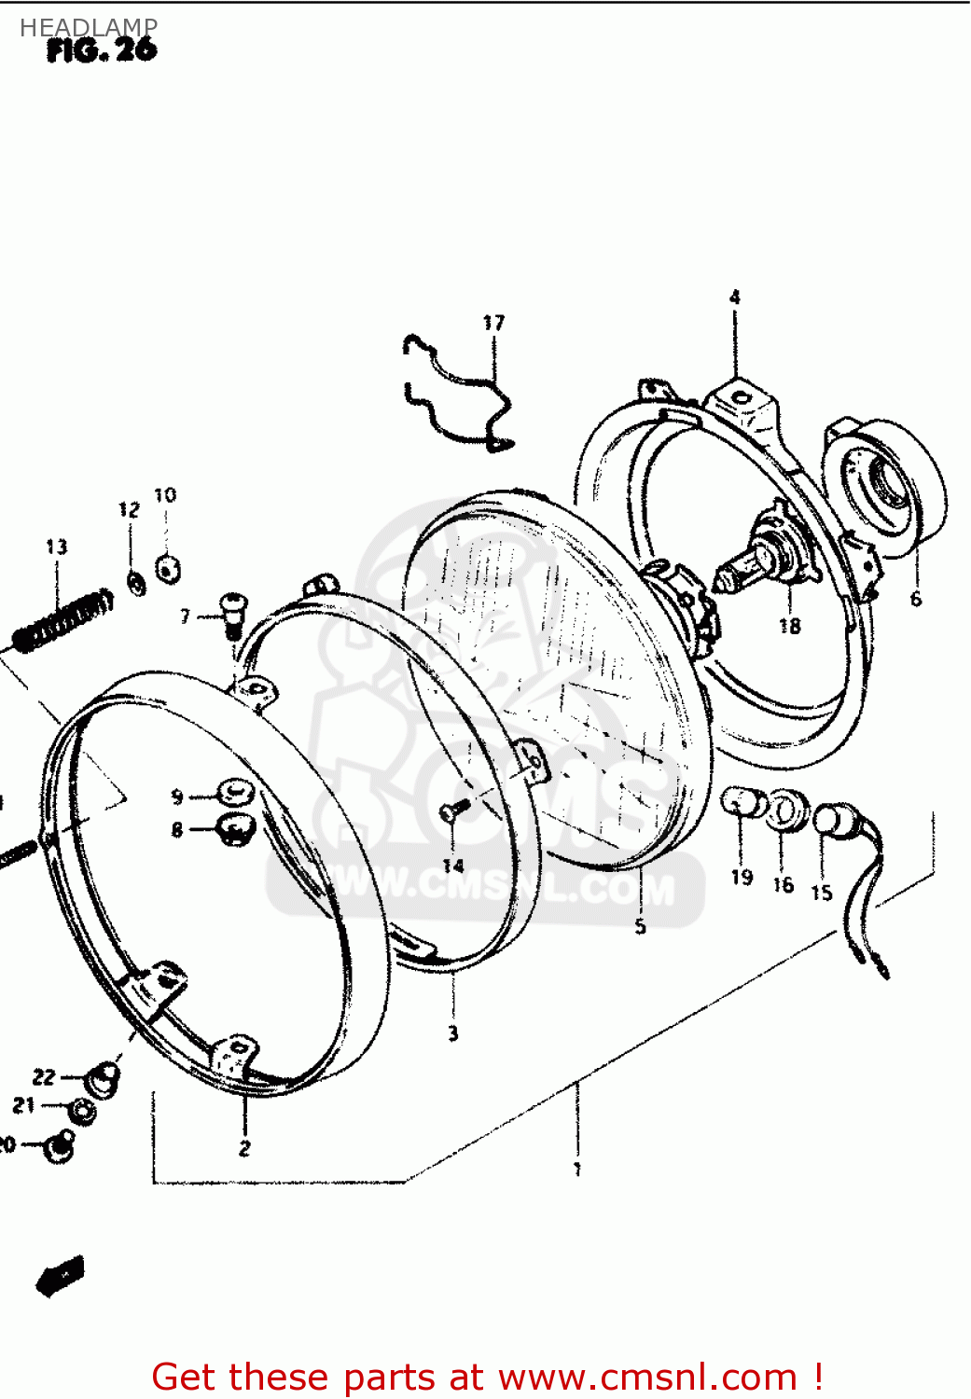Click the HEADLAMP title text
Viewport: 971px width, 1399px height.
[x=89, y=28]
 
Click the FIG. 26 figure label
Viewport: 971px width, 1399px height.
[x=102, y=50]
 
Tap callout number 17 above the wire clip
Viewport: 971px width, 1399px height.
[x=493, y=323]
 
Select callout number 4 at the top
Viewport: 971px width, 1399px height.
[x=735, y=298]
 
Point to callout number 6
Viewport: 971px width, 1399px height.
[x=915, y=599]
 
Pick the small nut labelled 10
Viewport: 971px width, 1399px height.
[x=168, y=567]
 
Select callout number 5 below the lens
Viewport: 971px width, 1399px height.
[x=640, y=926]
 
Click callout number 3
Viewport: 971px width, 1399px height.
[x=452, y=1033]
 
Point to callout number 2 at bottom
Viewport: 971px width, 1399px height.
[x=244, y=1148]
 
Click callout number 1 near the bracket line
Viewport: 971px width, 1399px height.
[x=577, y=1169]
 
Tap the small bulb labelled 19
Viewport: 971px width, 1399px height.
[x=742, y=802]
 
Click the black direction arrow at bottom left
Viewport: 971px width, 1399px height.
[x=60, y=1276]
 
